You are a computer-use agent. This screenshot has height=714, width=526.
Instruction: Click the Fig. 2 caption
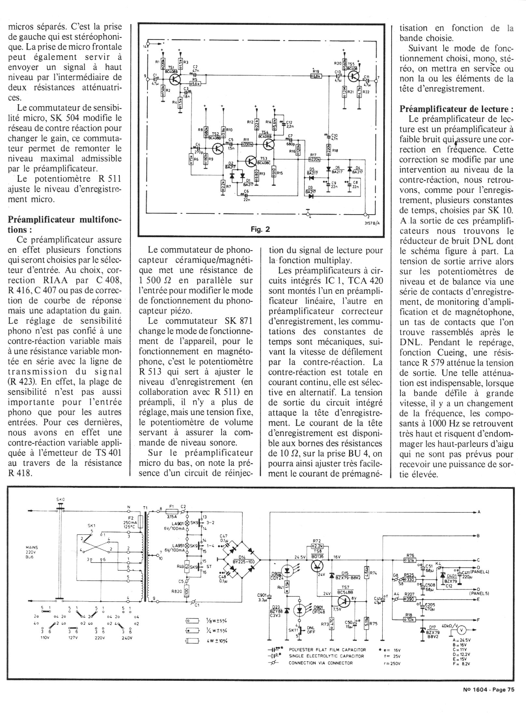[260, 229]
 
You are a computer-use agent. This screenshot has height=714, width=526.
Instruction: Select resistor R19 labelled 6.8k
[316, 76]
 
